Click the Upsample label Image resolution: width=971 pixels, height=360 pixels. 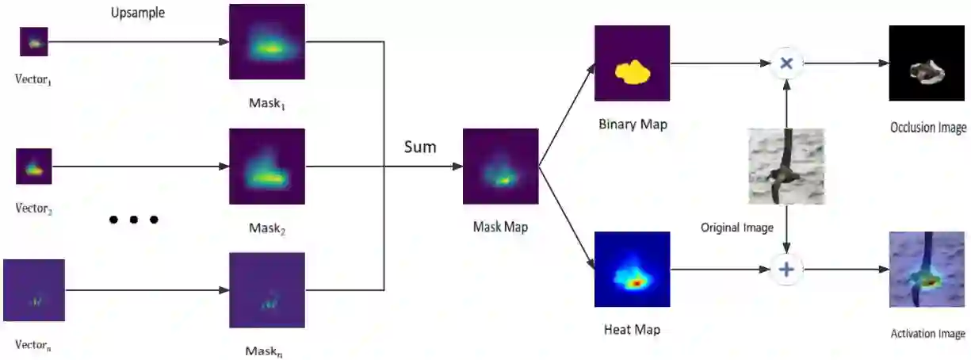click(x=138, y=13)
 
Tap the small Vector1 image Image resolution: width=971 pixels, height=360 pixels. click(x=34, y=42)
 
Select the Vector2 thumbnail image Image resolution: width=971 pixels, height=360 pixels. click(x=34, y=167)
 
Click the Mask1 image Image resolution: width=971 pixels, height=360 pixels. click(x=267, y=42)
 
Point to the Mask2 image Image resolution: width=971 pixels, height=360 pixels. click(x=267, y=167)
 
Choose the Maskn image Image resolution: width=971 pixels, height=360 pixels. click(x=267, y=290)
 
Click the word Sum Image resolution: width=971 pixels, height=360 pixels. click(x=420, y=147)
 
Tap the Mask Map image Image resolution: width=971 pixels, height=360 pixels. click(x=500, y=167)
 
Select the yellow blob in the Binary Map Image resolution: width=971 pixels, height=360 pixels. click(x=633, y=73)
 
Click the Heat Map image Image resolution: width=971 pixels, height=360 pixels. click(x=633, y=270)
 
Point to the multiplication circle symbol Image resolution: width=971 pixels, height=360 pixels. click(x=786, y=63)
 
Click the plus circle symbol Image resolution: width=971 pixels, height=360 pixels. click(x=786, y=270)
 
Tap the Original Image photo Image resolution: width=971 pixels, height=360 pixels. click(x=786, y=167)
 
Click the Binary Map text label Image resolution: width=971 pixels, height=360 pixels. click(x=633, y=124)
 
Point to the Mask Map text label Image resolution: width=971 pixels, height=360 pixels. click(x=500, y=227)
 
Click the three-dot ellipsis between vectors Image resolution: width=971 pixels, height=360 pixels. click(x=133, y=220)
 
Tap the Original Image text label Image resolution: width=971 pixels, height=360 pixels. click(x=737, y=228)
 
